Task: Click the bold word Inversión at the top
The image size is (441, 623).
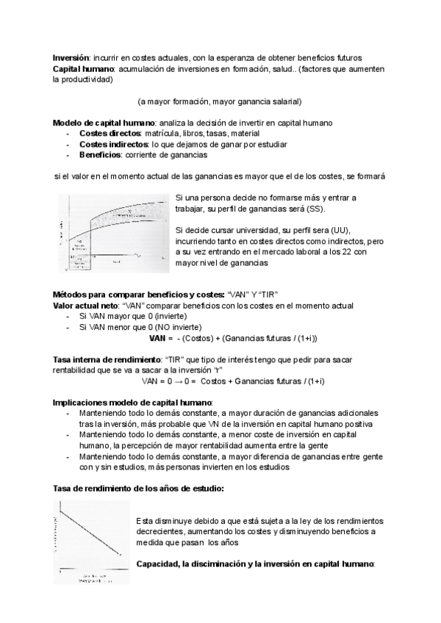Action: (71, 58)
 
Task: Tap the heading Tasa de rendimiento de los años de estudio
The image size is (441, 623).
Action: (140, 489)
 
